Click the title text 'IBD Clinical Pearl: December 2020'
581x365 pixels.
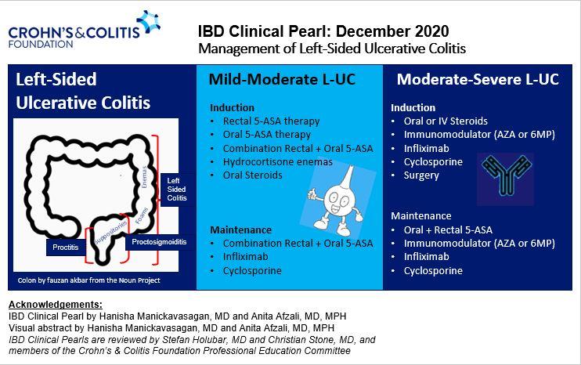(x=323, y=31)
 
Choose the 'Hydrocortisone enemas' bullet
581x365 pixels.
(x=277, y=161)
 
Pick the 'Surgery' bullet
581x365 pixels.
(x=420, y=175)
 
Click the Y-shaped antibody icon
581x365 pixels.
(x=505, y=175)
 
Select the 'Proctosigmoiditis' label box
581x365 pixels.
(x=158, y=243)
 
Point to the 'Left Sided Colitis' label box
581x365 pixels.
(x=178, y=189)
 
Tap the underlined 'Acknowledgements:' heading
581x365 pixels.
(x=54, y=303)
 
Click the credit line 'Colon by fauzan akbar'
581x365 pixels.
(x=84, y=279)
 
